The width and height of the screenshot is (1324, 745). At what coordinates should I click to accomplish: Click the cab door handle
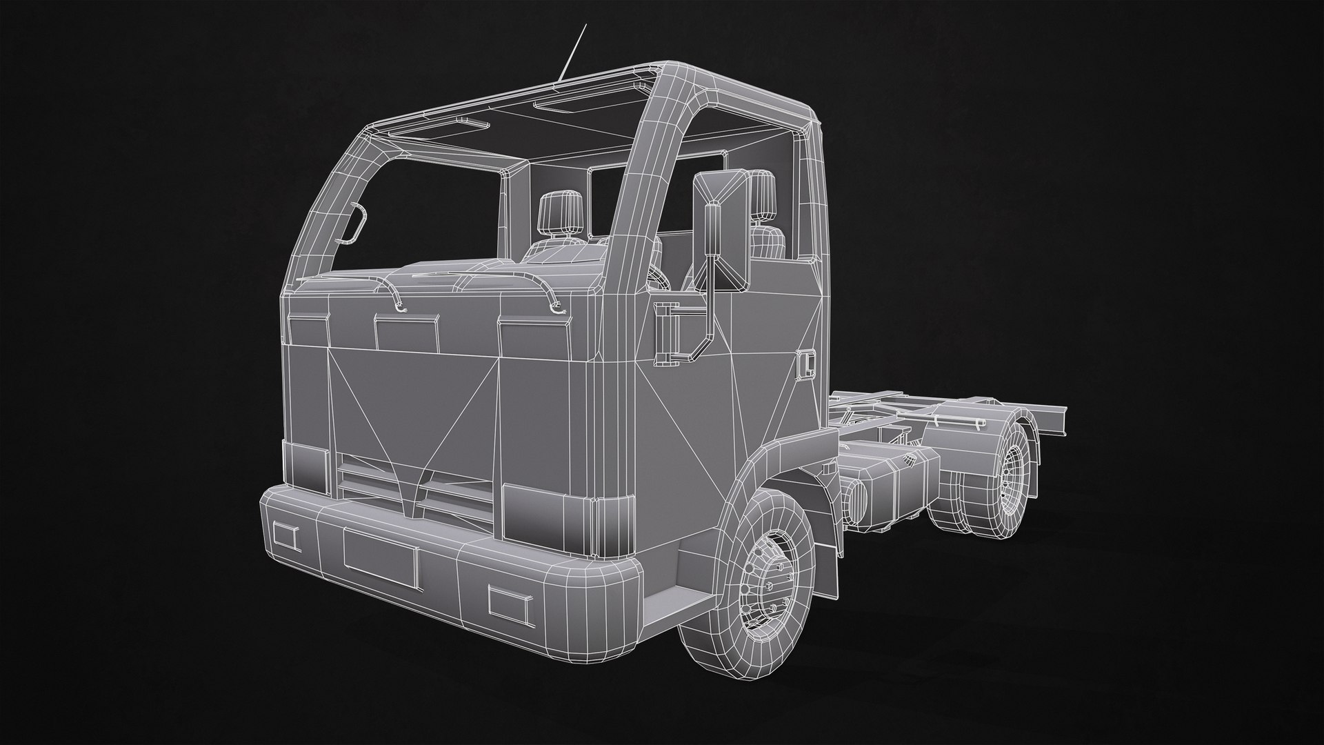point(805,364)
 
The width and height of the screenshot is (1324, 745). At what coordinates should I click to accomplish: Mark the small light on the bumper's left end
point(284,537)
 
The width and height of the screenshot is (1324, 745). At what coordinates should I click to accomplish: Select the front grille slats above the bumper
point(414,490)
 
